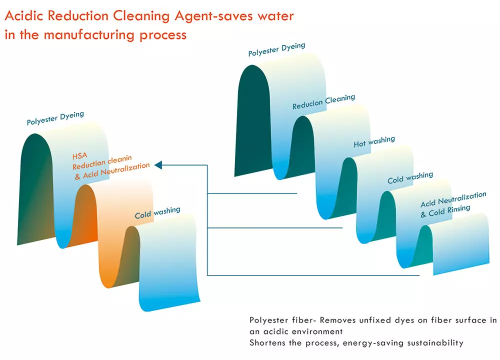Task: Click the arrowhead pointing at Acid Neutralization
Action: click(157, 164)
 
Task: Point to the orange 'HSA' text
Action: click(80, 156)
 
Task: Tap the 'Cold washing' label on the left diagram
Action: click(157, 213)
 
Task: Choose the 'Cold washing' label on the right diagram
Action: click(410, 177)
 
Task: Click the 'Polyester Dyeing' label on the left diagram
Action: click(55, 118)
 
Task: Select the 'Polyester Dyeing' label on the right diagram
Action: click(276, 49)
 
